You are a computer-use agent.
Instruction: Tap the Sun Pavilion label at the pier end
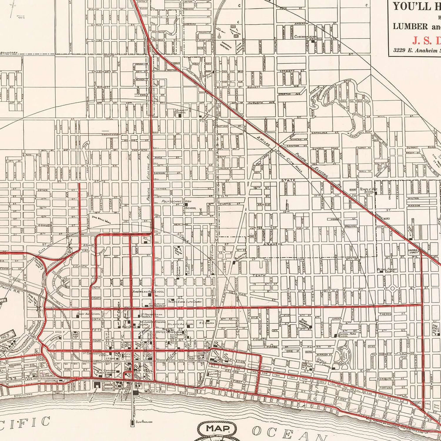point(144,422)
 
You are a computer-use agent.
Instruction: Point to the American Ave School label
point(148,292)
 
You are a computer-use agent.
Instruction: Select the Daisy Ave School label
point(86,314)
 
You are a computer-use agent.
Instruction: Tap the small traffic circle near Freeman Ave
point(391,289)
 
